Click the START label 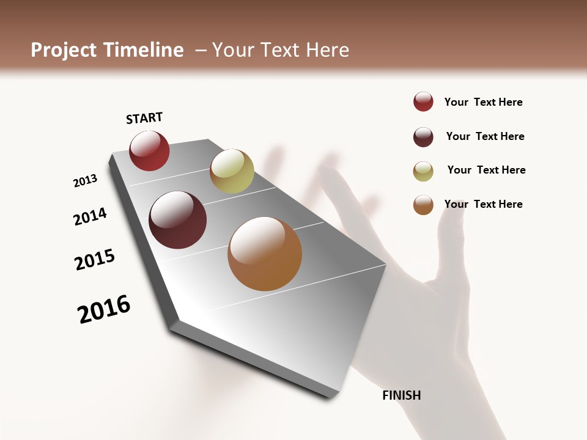click(x=144, y=118)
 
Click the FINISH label click(x=401, y=395)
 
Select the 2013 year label click(x=86, y=181)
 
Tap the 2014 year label click(x=90, y=216)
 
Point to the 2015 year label click(x=95, y=260)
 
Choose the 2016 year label click(x=104, y=309)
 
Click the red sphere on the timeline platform click(x=149, y=150)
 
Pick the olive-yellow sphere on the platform click(x=232, y=171)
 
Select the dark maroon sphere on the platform click(x=178, y=220)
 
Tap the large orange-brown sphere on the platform click(x=265, y=254)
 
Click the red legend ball click(x=423, y=101)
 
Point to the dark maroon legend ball click(x=423, y=137)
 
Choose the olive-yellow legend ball click(x=423, y=171)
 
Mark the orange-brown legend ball click(x=423, y=205)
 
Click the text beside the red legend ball click(x=483, y=102)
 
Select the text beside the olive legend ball click(x=486, y=170)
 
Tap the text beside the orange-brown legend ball click(x=483, y=204)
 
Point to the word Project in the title click(x=63, y=50)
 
